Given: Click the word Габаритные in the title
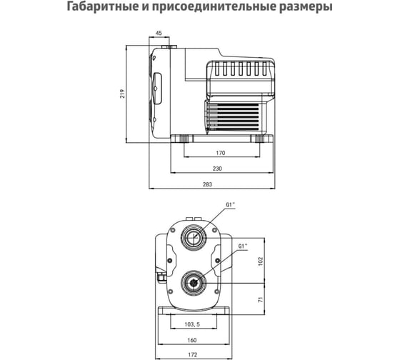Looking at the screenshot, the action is pyautogui.click(x=101, y=6).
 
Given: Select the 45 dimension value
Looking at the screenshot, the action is pyautogui.click(x=159, y=33).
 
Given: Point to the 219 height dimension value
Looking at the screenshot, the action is pyautogui.click(x=123, y=94).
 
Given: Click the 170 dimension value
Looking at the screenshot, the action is pyautogui.click(x=221, y=153).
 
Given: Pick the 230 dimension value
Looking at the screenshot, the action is pyautogui.click(x=217, y=169).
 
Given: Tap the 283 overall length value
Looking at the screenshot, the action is pyautogui.click(x=207, y=184).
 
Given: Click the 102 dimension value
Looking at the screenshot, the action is pyautogui.click(x=260, y=261).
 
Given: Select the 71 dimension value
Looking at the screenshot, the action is pyautogui.click(x=260, y=299).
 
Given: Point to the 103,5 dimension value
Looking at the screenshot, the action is pyautogui.click(x=192, y=324).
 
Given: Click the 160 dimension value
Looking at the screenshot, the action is pyautogui.click(x=192, y=340).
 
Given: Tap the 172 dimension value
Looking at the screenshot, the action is pyautogui.click(x=193, y=354).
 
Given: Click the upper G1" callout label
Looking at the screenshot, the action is pyautogui.click(x=230, y=204).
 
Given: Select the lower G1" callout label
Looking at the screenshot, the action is pyautogui.click(x=243, y=246).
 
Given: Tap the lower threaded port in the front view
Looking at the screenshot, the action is pyautogui.click(x=193, y=283).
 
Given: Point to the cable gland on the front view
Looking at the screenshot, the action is pyautogui.click(x=161, y=277).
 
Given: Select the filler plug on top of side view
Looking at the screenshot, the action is pyautogui.click(x=169, y=46).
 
